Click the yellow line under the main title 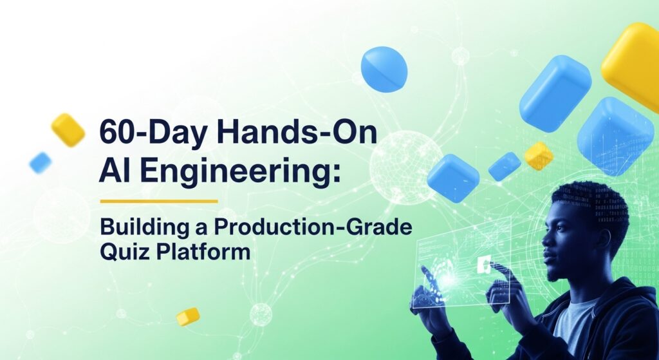159,201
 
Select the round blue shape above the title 384,69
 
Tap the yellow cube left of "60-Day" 68,129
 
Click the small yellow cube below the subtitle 188,316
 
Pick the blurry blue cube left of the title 40,162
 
